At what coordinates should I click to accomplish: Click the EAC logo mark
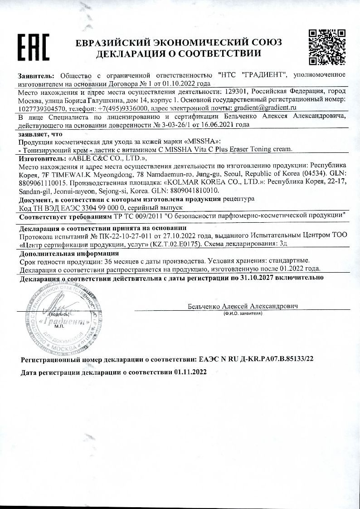[x=33, y=47]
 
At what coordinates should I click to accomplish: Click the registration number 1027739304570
[x=43, y=108]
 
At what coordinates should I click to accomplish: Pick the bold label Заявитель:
[x=36, y=74]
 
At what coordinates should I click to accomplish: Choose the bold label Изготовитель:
[x=42, y=159]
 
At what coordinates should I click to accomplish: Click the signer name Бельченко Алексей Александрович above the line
[x=243, y=306]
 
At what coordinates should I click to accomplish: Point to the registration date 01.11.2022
[x=190, y=372]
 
